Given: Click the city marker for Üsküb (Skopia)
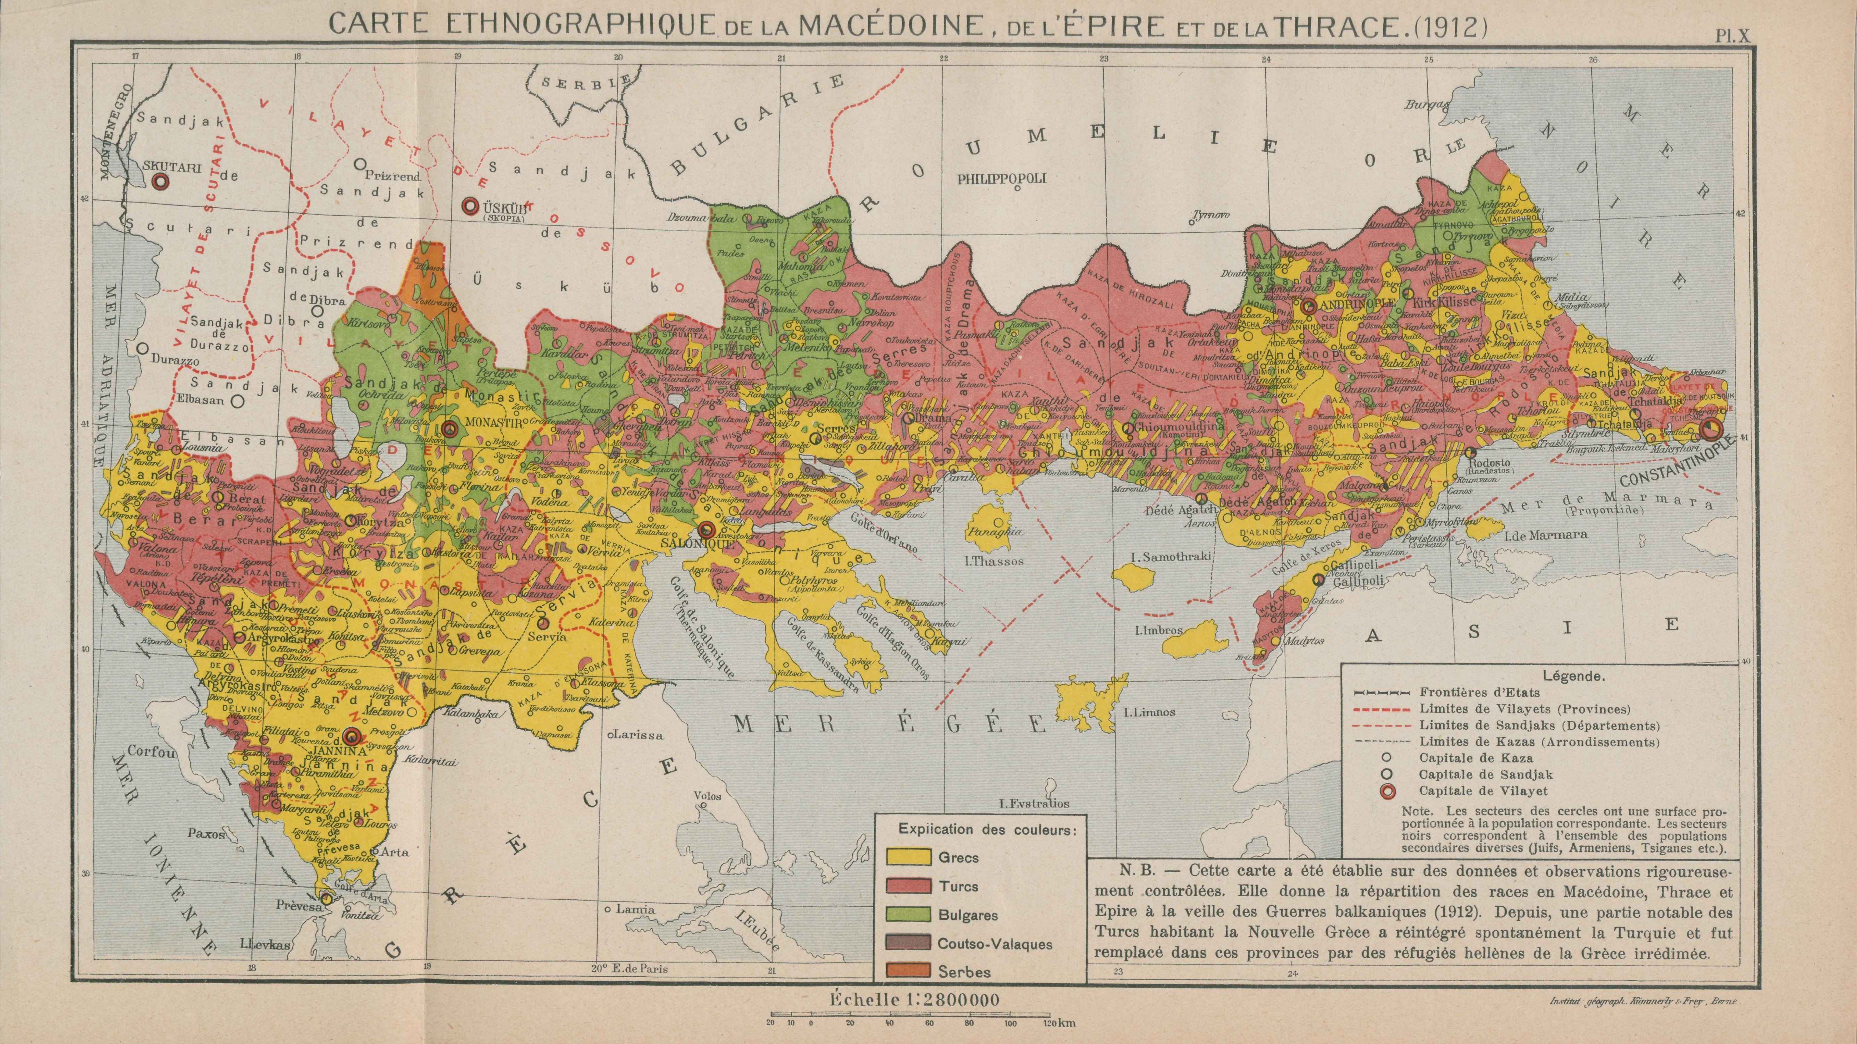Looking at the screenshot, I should tap(471, 206).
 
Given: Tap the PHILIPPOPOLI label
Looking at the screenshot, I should tap(1001, 179).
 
